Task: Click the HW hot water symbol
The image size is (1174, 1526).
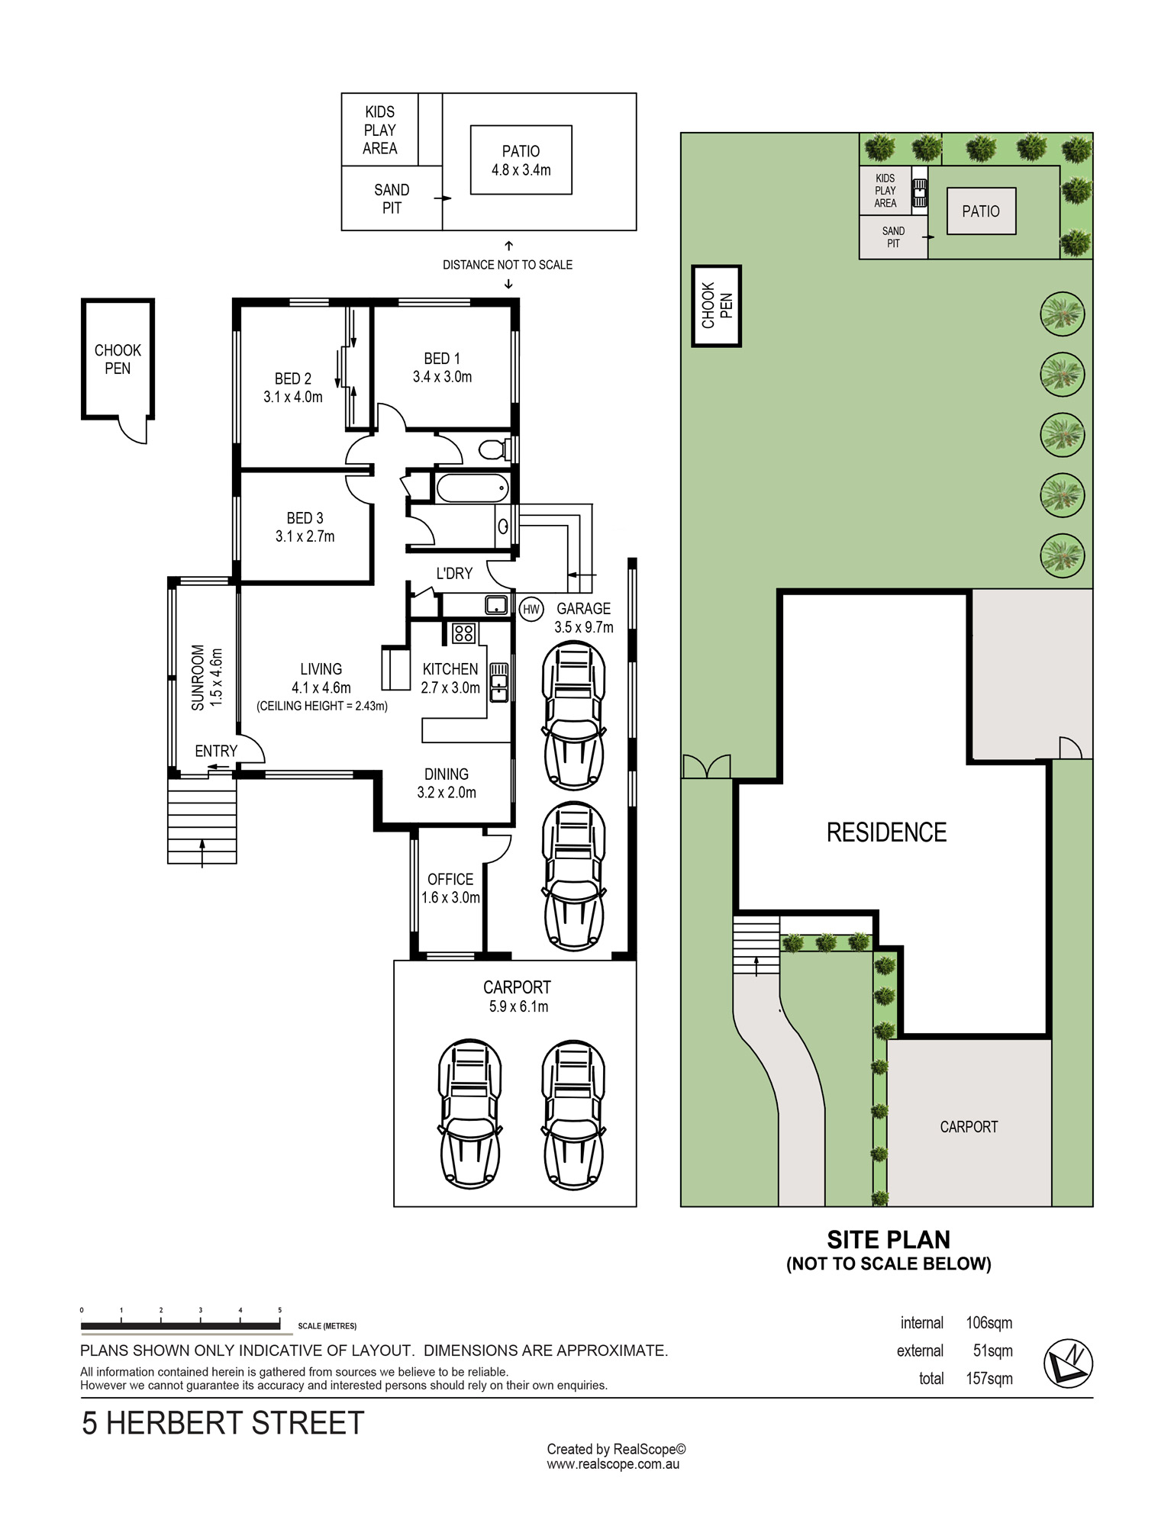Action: pyautogui.click(x=531, y=609)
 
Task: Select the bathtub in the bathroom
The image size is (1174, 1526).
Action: pyautogui.click(x=473, y=488)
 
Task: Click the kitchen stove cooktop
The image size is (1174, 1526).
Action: pyautogui.click(x=464, y=633)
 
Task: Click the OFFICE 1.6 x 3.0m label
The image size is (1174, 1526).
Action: pyautogui.click(x=450, y=888)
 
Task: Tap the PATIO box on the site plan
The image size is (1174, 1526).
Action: pyautogui.click(x=981, y=211)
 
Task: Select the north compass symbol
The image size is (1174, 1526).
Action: pyautogui.click(x=1068, y=1363)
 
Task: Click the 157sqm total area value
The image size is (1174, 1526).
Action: pyautogui.click(x=989, y=1379)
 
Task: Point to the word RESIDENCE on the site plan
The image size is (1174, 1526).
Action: pyautogui.click(x=886, y=832)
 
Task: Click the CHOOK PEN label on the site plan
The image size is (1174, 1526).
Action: pyautogui.click(x=717, y=306)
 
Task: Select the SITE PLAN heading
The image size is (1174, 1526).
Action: pyautogui.click(x=889, y=1240)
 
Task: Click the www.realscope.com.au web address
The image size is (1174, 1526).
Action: pyautogui.click(x=613, y=1464)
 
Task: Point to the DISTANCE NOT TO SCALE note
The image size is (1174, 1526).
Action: pyautogui.click(x=508, y=265)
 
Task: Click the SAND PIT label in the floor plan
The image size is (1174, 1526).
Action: pyautogui.click(x=392, y=198)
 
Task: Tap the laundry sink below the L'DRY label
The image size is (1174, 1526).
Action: pyautogui.click(x=496, y=605)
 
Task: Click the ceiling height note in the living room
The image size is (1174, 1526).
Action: pyautogui.click(x=322, y=706)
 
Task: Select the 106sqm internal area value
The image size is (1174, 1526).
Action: pyautogui.click(x=989, y=1323)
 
